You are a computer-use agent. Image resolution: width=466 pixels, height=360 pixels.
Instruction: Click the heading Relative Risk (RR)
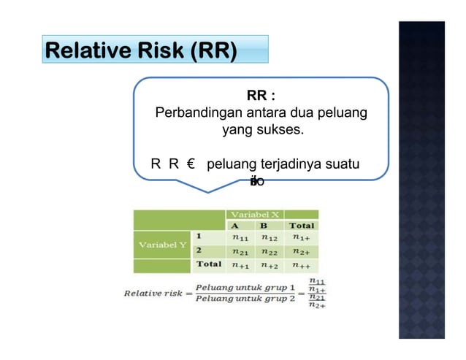(x=141, y=52)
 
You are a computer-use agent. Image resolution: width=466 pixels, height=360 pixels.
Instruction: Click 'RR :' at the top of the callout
(x=261, y=96)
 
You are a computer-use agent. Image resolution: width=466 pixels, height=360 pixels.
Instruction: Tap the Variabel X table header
(x=255, y=214)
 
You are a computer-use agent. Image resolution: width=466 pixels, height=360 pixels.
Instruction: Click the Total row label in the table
(x=211, y=264)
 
